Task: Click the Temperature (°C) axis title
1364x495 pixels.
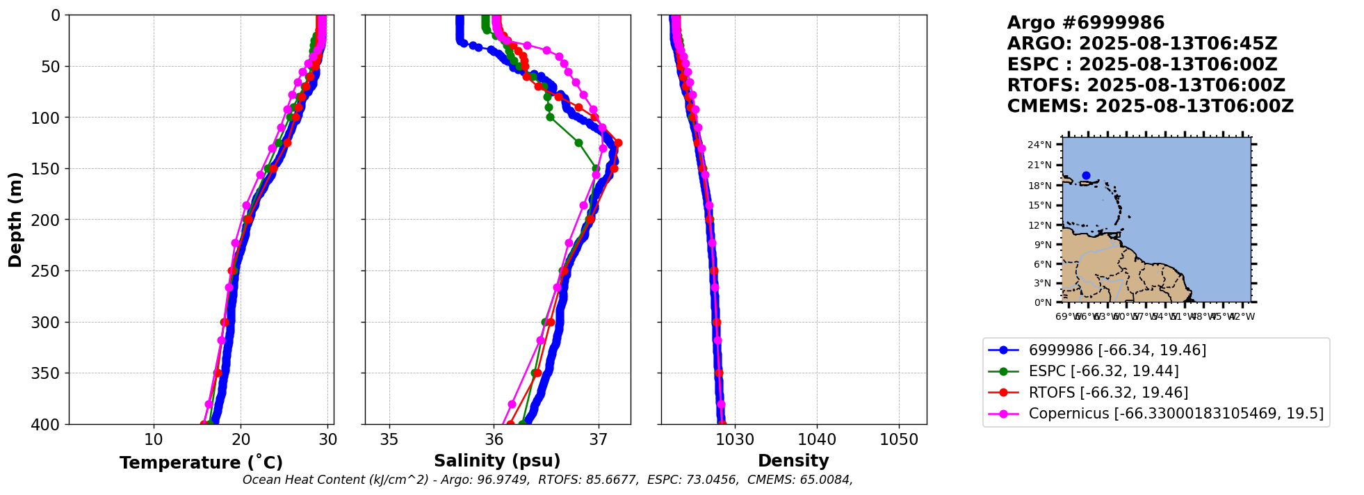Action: pyautogui.click(x=201, y=463)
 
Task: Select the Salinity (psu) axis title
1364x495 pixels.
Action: pyautogui.click(x=497, y=461)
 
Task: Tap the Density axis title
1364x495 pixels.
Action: pyautogui.click(x=793, y=461)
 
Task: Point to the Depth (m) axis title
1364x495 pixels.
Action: pyautogui.click(x=15, y=219)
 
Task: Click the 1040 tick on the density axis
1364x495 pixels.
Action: pyautogui.click(x=817, y=439)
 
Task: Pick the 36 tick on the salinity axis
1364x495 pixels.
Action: pyautogui.click(x=494, y=439)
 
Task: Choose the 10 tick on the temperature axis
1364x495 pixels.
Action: pyautogui.click(x=154, y=439)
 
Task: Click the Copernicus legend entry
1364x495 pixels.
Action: pyautogui.click(x=1176, y=414)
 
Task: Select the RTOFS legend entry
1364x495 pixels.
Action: pyautogui.click(x=1108, y=393)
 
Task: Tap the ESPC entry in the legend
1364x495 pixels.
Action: pyautogui.click(x=1103, y=371)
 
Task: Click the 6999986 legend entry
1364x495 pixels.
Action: pyautogui.click(x=1117, y=350)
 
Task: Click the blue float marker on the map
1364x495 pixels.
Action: pyautogui.click(x=1086, y=176)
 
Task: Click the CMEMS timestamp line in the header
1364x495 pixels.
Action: pyautogui.click(x=1150, y=106)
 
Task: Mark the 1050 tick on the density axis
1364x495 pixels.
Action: pyautogui.click(x=899, y=439)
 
